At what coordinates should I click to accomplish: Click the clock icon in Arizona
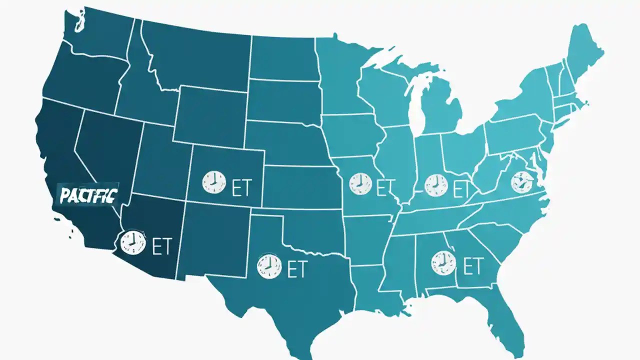pos(132,242)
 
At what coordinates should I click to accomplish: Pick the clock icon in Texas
pos(268,266)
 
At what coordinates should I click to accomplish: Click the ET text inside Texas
pos(297,269)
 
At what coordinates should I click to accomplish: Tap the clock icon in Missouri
pos(360,183)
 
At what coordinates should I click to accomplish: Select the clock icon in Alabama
pos(442,262)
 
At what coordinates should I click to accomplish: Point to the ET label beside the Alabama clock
pos(472,265)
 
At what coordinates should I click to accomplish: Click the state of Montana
pos(195,55)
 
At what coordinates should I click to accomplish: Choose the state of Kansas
pos(300,187)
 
